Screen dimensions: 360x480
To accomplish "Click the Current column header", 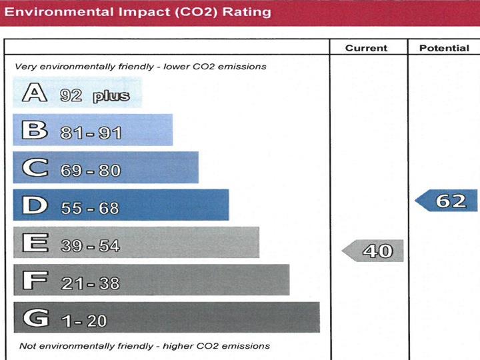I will [366, 48].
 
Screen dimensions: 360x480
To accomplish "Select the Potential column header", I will [444, 48].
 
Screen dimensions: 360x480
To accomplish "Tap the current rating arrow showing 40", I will [373, 251].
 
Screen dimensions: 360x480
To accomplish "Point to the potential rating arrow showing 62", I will [447, 201].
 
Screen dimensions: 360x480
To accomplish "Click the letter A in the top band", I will [35, 93].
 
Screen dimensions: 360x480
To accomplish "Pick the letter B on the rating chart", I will [35, 131].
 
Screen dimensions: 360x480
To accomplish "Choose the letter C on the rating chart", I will [35, 168].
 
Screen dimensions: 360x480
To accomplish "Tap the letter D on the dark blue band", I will [35, 205].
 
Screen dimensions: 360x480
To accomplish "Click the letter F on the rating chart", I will [35, 281].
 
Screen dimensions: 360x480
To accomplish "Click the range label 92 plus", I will [95, 96].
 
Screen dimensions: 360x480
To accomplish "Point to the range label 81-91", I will [91, 133].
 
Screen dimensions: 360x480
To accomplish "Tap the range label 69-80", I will [91, 171].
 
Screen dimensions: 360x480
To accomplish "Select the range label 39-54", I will [90, 246].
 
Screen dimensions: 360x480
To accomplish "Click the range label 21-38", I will [90, 283].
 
